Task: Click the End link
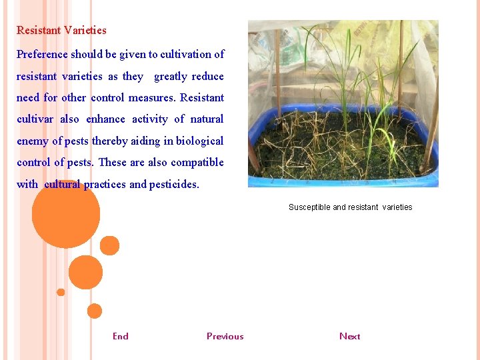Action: point(121,336)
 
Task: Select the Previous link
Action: point(225,336)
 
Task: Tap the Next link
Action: point(349,336)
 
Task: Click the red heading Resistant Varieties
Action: point(61,30)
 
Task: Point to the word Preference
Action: point(42,54)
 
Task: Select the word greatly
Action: point(171,76)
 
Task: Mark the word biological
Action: point(199,141)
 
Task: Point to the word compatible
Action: point(197,162)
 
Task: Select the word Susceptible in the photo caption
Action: point(309,207)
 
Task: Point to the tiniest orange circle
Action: point(61,292)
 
